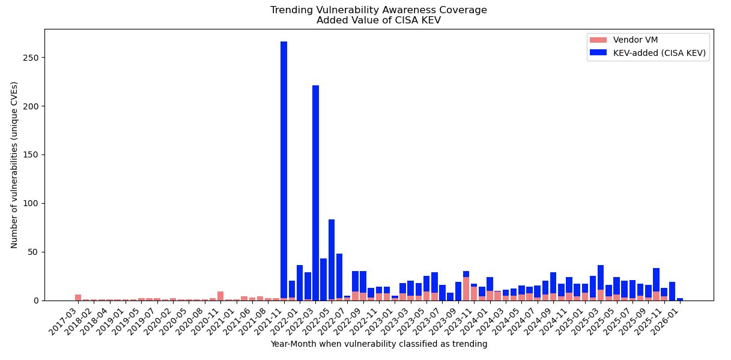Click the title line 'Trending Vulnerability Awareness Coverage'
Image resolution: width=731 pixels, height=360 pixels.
378,10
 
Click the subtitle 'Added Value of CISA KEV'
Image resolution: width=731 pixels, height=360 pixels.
378,20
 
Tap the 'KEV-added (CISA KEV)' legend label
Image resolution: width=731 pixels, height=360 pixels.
659,52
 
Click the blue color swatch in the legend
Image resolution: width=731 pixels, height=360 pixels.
598,52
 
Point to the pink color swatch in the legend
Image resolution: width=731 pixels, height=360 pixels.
598,40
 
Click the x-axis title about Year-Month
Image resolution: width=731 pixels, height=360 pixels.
378,344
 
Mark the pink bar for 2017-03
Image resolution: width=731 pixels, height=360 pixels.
78,297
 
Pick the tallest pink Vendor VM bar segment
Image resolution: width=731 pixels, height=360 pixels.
466,289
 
